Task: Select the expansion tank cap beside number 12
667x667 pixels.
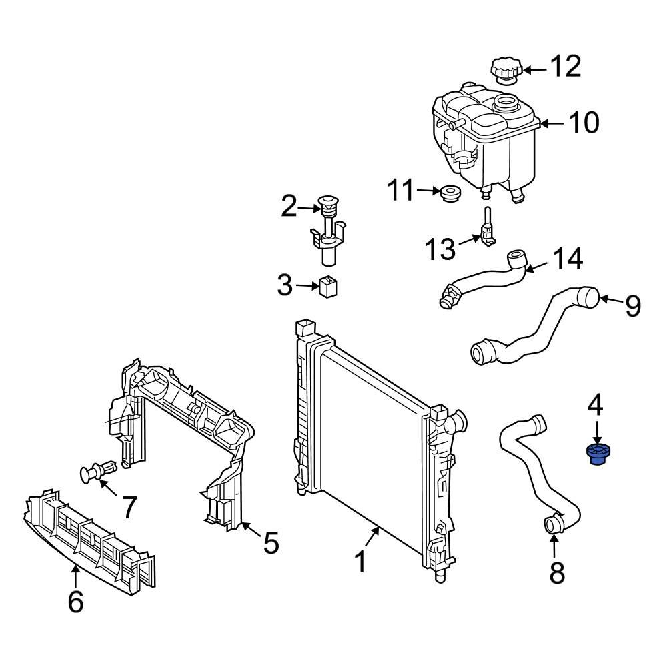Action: tap(506, 71)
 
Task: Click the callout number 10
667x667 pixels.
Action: tap(583, 123)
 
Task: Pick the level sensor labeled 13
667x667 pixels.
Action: tap(487, 230)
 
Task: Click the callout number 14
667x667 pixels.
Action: tap(566, 260)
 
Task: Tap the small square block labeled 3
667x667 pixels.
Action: tap(328, 287)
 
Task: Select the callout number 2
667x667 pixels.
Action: tap(288, 207)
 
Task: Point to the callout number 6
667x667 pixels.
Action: tap(76, 602)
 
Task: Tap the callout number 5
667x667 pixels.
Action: tap(270, 543)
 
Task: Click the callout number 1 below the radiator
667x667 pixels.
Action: tap(360, 562)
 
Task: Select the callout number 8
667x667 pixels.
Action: tap(556, 572)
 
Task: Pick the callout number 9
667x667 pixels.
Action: tap(632, 305)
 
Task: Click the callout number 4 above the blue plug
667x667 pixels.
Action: tap(595, 404)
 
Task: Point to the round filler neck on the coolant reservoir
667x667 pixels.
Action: tap(505, 104)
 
